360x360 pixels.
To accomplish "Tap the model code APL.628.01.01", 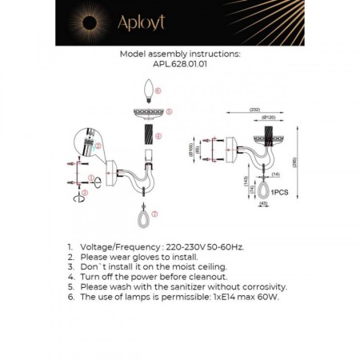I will [x=179, y=66].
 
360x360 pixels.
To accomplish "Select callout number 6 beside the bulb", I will [x=159, y=92].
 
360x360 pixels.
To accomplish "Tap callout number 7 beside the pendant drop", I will [x=154, y=214].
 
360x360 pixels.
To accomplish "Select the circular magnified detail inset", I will [x=86, y=143].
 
